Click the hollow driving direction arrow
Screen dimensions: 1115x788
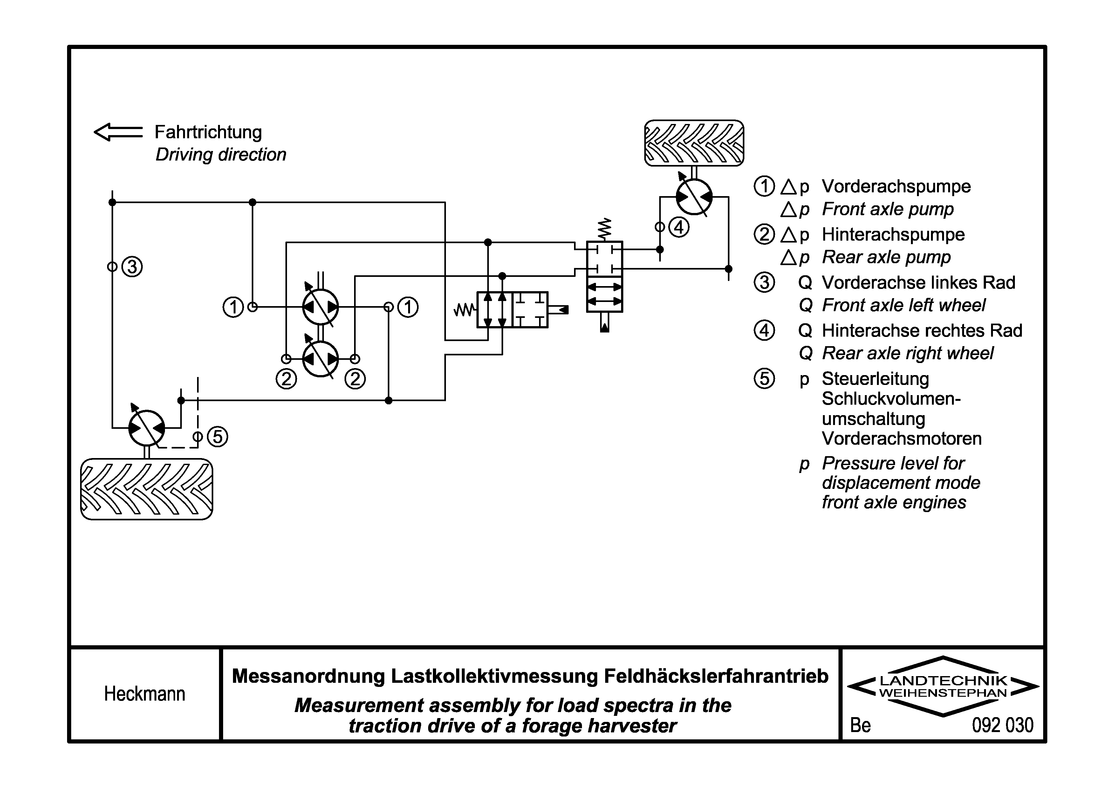tap(118, 132)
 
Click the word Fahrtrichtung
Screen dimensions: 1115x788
tap(208, 132)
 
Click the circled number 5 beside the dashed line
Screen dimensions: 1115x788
tap(217, 436)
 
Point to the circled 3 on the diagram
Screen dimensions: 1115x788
tap(132, 267)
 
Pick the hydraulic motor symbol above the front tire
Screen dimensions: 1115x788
tap(147, 428)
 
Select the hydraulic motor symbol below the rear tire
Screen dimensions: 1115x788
tap(694, 197)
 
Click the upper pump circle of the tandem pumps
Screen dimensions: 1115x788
tap(320, 307)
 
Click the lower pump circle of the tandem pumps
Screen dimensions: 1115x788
tap(320, 359)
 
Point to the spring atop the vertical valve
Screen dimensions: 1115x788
tap(605, 229)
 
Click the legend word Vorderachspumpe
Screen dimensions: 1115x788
tap(896, 187)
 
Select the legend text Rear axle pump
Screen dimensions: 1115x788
tap(886, 257)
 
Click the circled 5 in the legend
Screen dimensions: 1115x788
tap(764, 379)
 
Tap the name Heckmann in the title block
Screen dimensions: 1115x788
tap(145, 694)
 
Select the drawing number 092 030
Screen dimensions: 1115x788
tap(1003, 725)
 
